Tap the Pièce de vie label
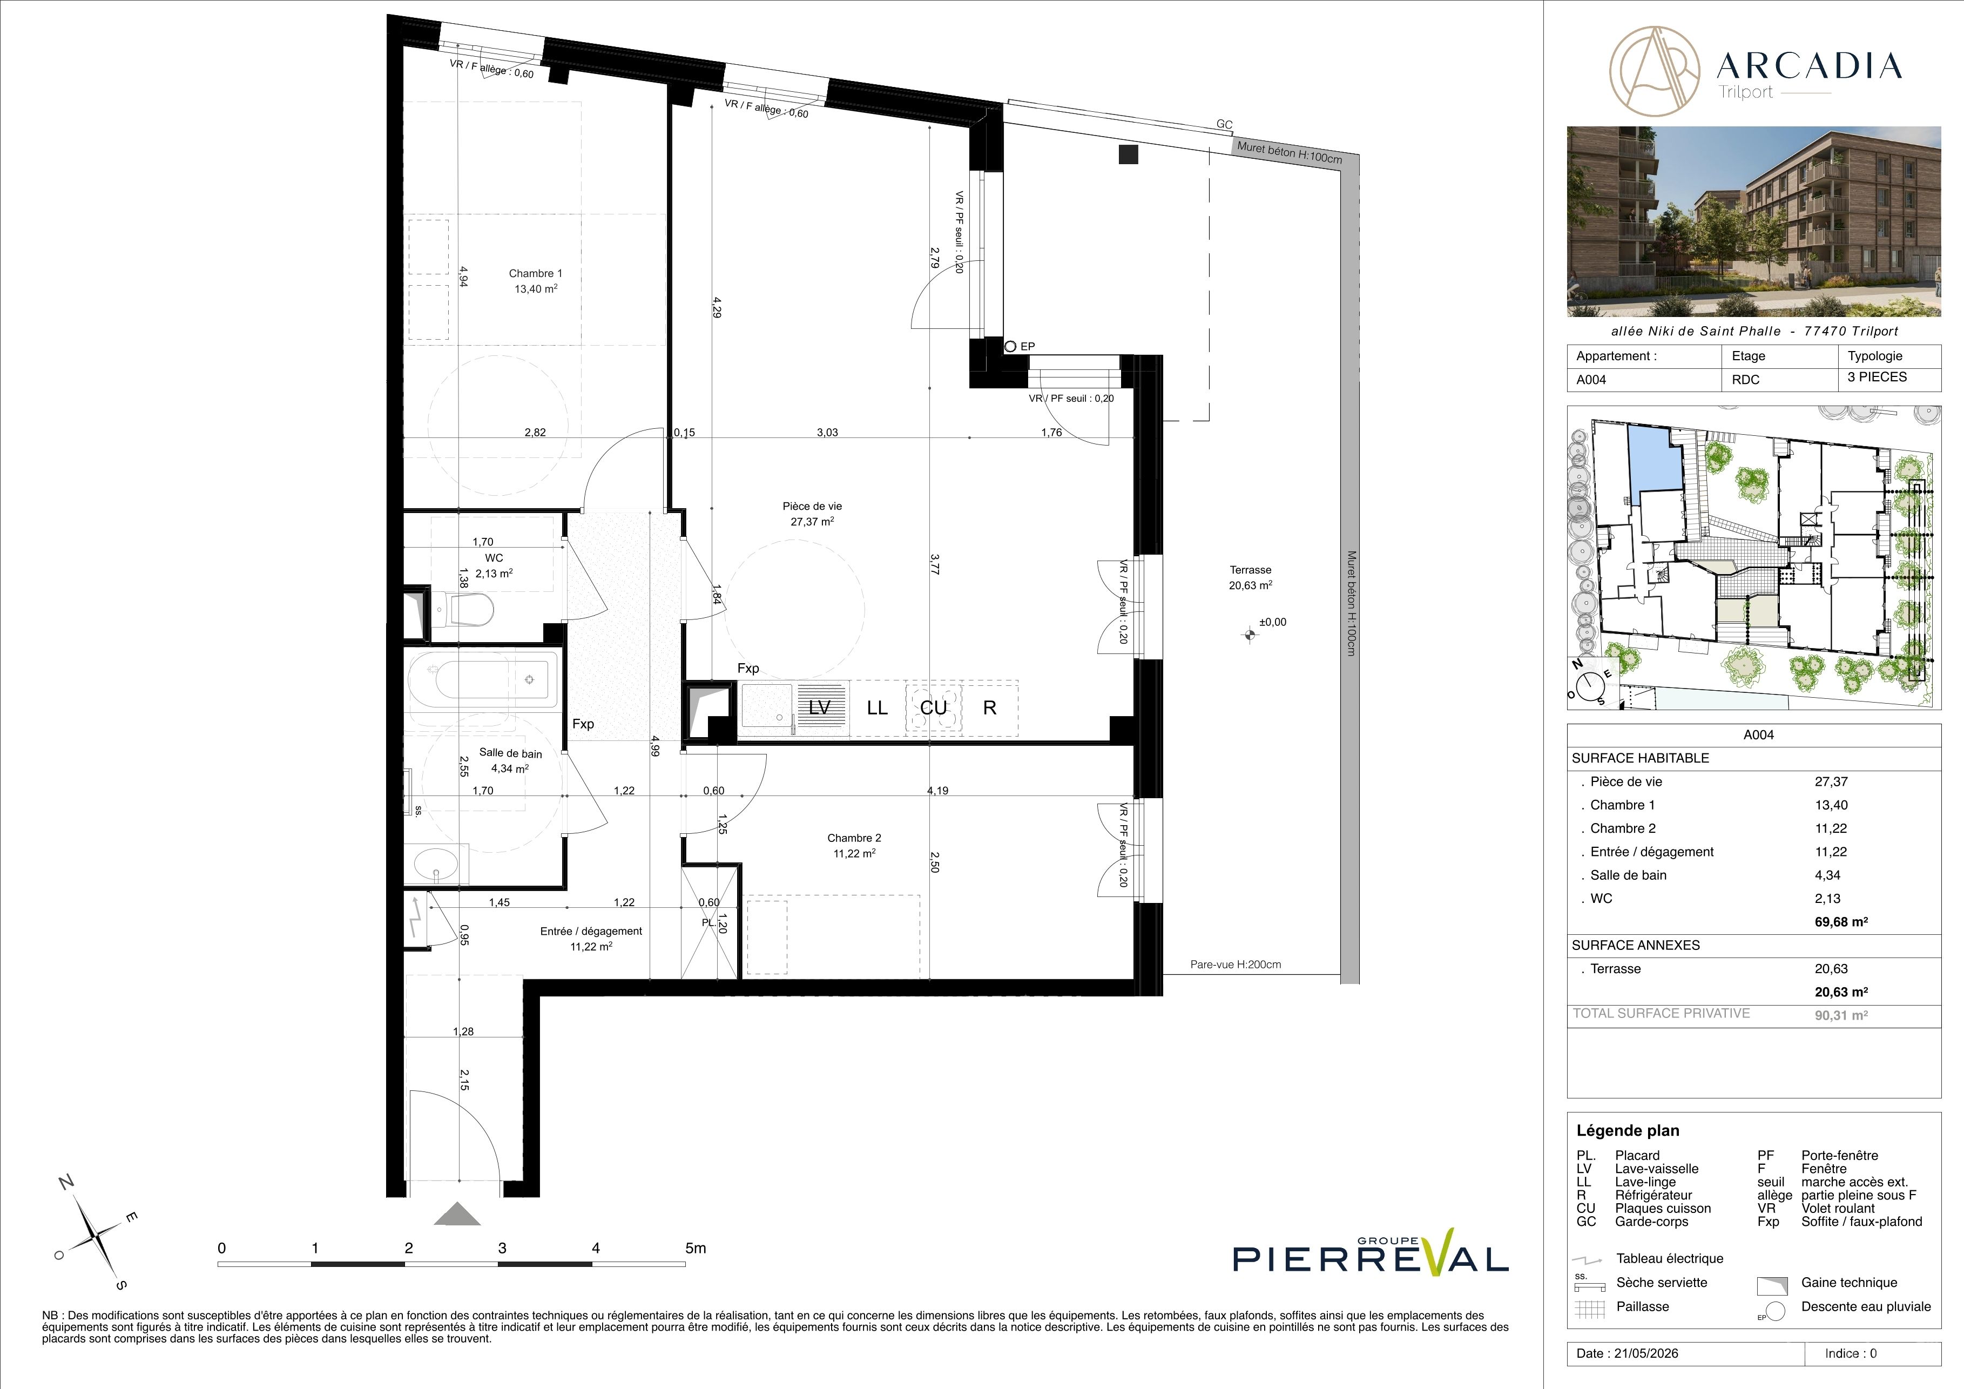pyautogui.click(x=812, y=513)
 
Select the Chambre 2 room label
pyautogui.click(x=854, y=845)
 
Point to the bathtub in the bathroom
pyautogui.click(x=483, y=679)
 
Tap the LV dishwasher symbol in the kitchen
pyautogui.click(x=820, y=707)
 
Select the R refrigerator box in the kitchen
pyautogui.click(x=990, y=707)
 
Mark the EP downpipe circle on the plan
pyautogui.click(x=1010, y=346)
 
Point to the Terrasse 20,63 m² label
pyautogui.click(x=1251, y=577)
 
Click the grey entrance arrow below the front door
pyautogui.click(x=457, y=1215)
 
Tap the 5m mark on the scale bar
pyautogui.click(x=696, y=1248)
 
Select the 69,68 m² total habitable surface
pyautogui.click(x=1841, y=922)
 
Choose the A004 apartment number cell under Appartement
pyautogui.click(x=1592, y=380)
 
